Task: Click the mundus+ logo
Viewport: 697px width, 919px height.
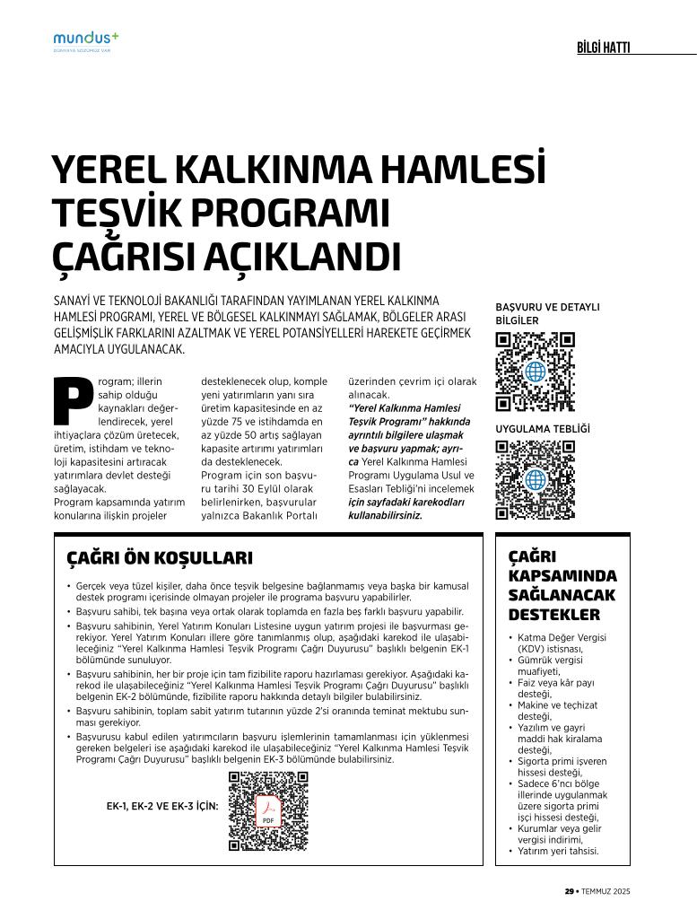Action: [x=85, y=39]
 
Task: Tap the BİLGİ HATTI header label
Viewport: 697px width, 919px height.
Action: [x=603, y=48]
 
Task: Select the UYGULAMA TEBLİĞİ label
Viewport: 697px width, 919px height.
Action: [x=543, y=429]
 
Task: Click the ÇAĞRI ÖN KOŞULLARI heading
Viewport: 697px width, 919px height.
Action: [x=160, y=558]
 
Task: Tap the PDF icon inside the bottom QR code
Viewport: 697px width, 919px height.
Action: [x=268, y=811]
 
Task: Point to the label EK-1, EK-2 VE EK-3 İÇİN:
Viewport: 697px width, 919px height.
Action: [x=162, y=806]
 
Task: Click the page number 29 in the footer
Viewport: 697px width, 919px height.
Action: [x=569, y=891]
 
